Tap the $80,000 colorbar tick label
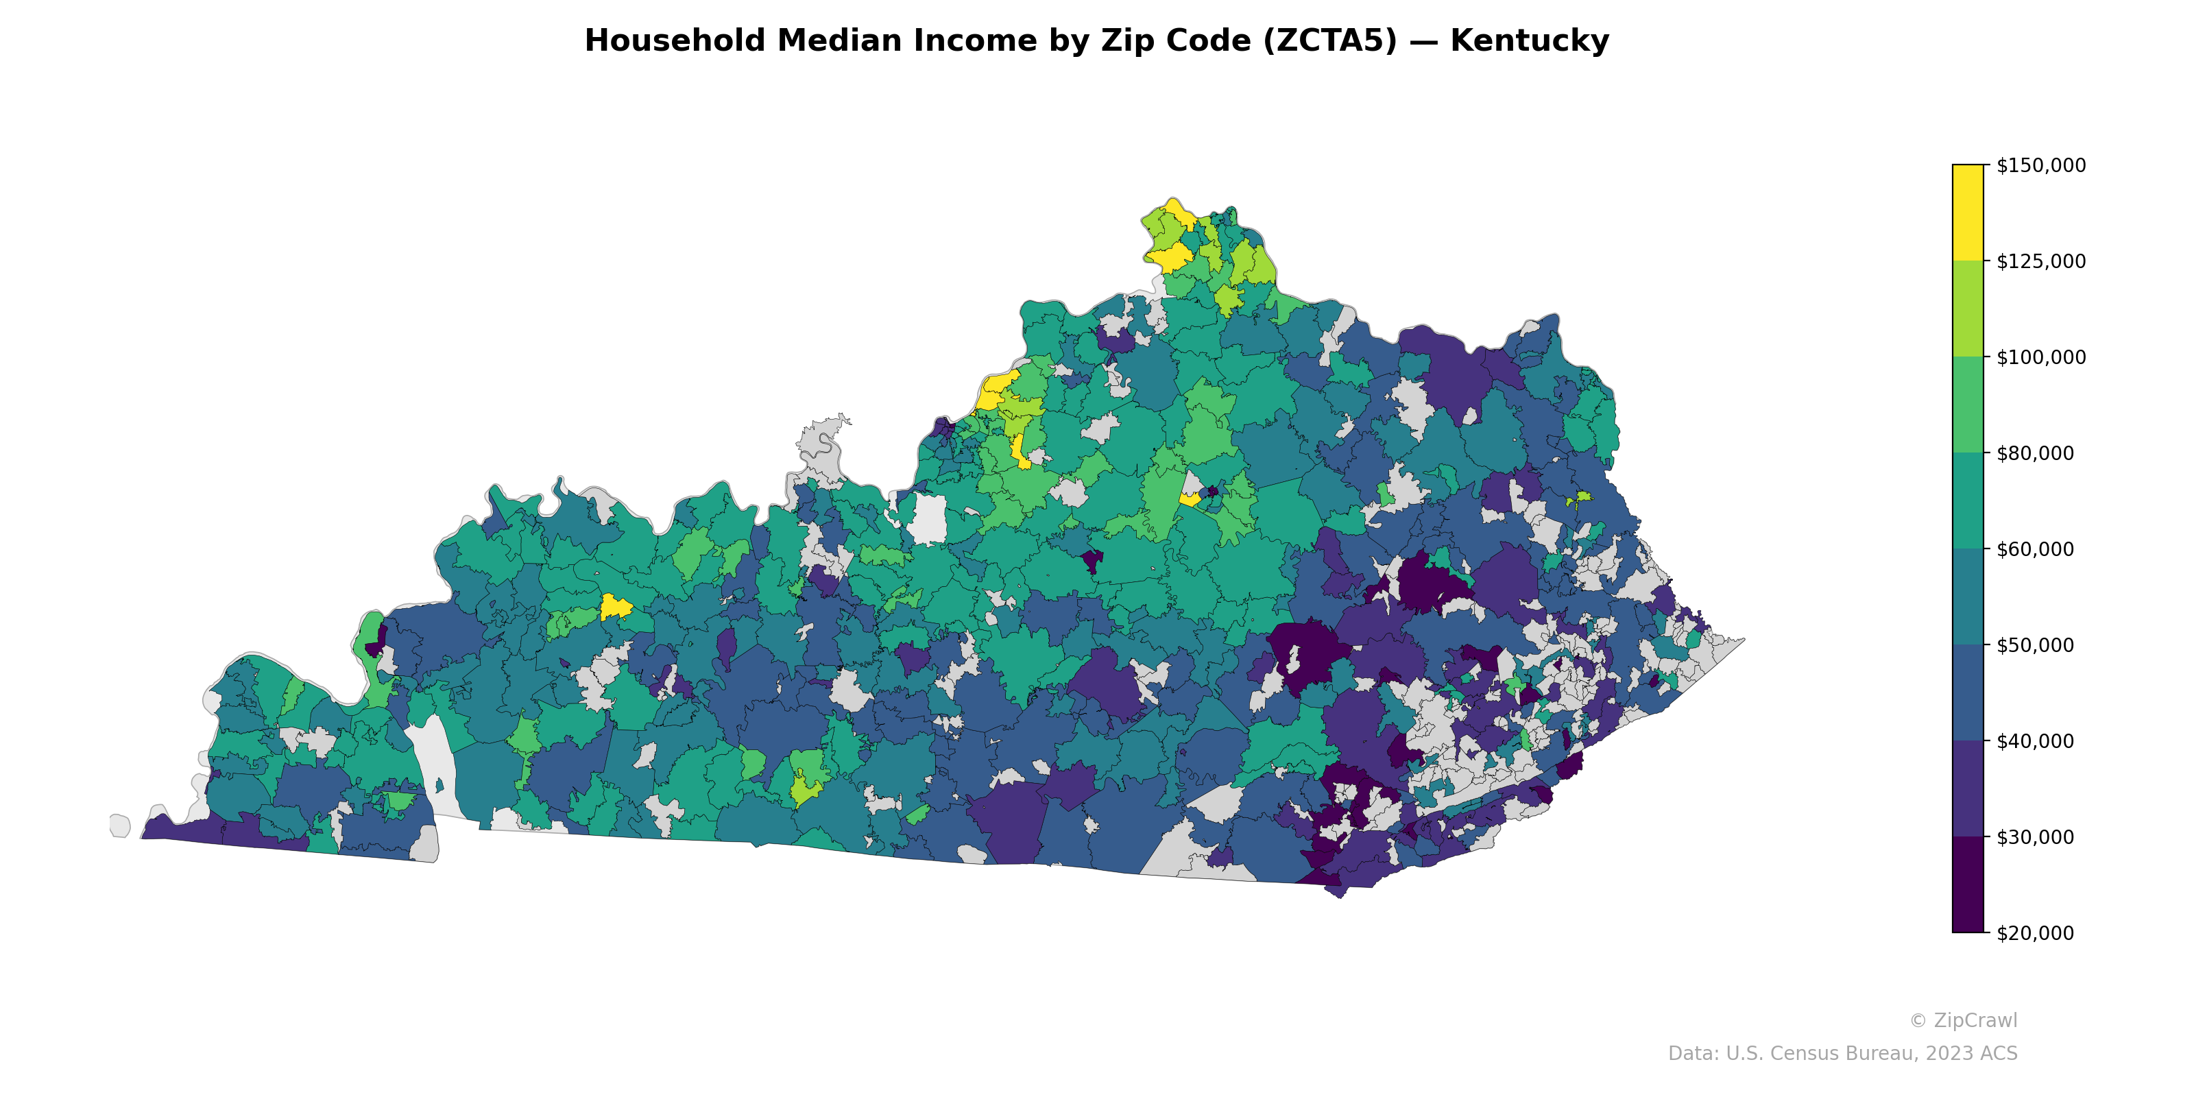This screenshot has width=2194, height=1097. pos(2036,453)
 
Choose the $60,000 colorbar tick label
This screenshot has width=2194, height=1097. pos(2036,549)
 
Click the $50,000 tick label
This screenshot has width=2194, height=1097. pos(2036,646)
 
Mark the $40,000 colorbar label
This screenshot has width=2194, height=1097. pos(2036,742)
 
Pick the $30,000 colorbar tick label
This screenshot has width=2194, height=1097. pos(2036,837)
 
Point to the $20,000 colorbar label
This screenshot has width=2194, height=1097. pos(2036,933)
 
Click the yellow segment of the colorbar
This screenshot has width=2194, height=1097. pos(1968,213)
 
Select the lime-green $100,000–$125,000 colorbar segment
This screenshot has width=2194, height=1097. pos(1968,309)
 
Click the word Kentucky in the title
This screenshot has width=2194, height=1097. pos(1530,41)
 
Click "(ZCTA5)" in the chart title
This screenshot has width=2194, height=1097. pos(1330,41)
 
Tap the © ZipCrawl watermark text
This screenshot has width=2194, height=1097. pos(1963,1020)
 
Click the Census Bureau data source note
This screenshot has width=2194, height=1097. pos(1842,1054)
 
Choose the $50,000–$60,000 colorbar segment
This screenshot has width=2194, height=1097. pos(1968,597)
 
